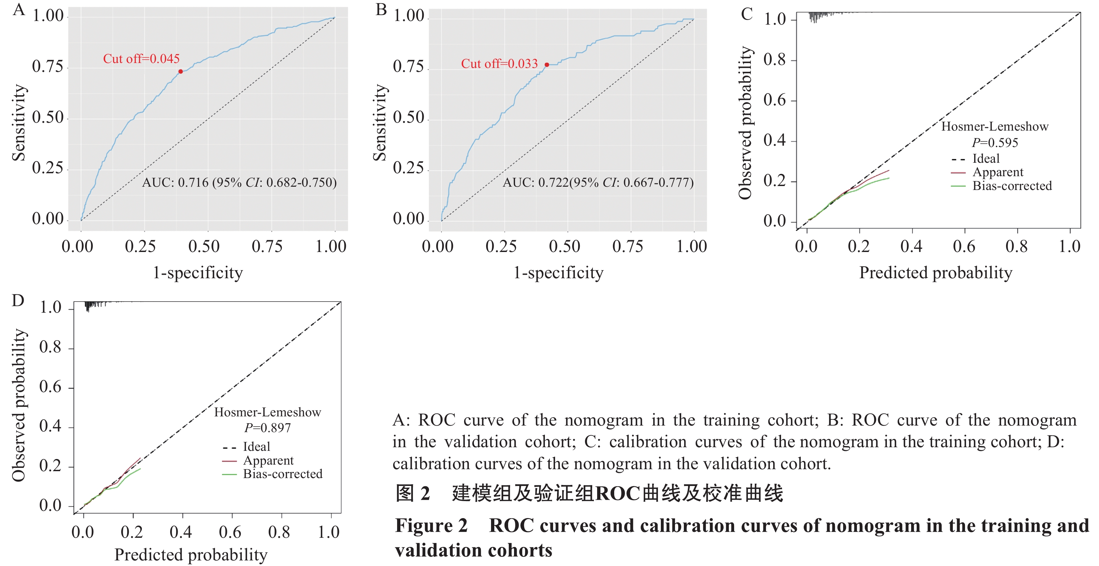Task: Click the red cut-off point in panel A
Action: coord(180,72)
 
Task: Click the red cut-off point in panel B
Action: coord(547,65)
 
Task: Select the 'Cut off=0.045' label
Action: coord(141,59)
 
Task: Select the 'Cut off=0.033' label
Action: coord(499,64)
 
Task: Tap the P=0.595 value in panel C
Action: coord(995,143)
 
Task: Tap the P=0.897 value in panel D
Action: coord(267,428)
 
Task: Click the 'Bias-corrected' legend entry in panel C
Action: coord(1012,186)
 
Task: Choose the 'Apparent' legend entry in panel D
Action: coord(268,461)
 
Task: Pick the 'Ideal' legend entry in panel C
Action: coord(985,158)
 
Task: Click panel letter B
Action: coord(381,10)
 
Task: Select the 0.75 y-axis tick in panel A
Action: coord(47,67)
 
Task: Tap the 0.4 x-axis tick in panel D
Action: coord(181,532)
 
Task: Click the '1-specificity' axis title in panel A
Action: coord(198,273)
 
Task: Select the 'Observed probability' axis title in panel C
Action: coord(745,123)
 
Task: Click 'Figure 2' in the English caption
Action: coord(431,526)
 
